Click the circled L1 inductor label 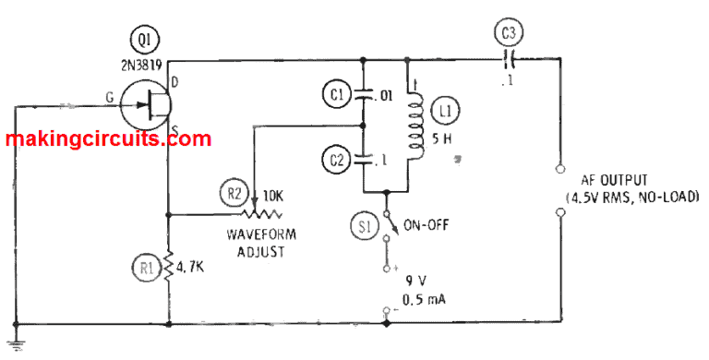(x=449, y=114)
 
